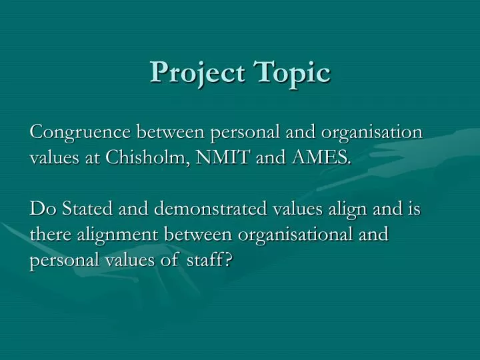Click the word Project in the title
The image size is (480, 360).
point(194,73)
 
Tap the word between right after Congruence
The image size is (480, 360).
point(171,132)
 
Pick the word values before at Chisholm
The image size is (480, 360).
point(53,158)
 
